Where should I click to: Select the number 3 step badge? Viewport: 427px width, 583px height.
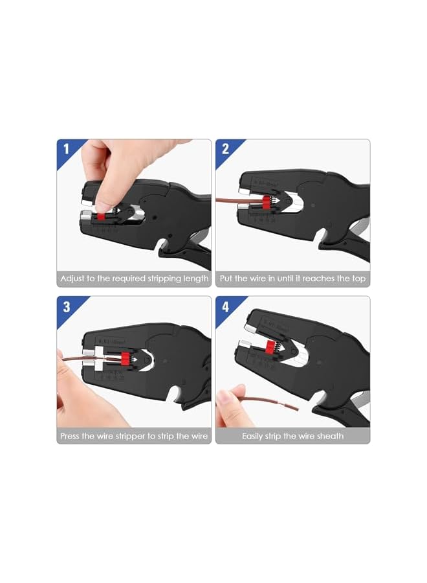(66, 306)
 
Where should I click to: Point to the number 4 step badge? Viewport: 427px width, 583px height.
(225, 306)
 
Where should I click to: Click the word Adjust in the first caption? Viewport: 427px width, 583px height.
(72, 279)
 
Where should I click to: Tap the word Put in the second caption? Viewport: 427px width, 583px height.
(226, 279)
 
